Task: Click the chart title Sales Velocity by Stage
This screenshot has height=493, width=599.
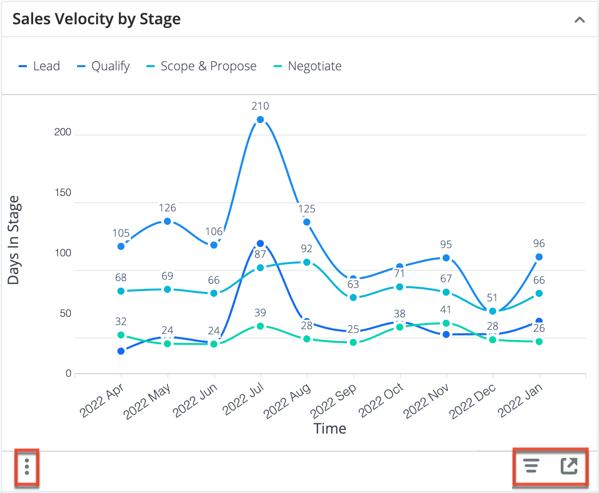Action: [x=97, y=19]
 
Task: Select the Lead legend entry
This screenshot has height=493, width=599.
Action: [x=40, y=66]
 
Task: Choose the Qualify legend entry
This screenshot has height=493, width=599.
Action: [x=104, y=66]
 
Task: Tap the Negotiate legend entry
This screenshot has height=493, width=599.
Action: [x=308, y=66]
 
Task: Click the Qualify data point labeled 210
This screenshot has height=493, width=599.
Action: [x=260, y=119]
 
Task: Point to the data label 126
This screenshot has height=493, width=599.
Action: [x=167, y=208]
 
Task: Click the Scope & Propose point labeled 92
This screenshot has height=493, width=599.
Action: [x=307, y=262]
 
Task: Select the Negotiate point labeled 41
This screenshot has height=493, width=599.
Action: [x=446, y=323]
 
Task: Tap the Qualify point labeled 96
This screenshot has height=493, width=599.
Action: [x=539, y=257]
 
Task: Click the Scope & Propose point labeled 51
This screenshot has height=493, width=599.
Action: [x=493, y=311]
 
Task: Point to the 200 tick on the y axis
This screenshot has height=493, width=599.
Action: [x=63, y=132]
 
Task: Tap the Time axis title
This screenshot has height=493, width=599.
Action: [x=330, y=428]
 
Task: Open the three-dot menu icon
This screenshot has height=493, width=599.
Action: [x=27, y=467]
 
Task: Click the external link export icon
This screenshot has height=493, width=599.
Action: [x=569, y=466]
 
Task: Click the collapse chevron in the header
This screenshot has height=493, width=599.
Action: [x=580, y=20]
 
